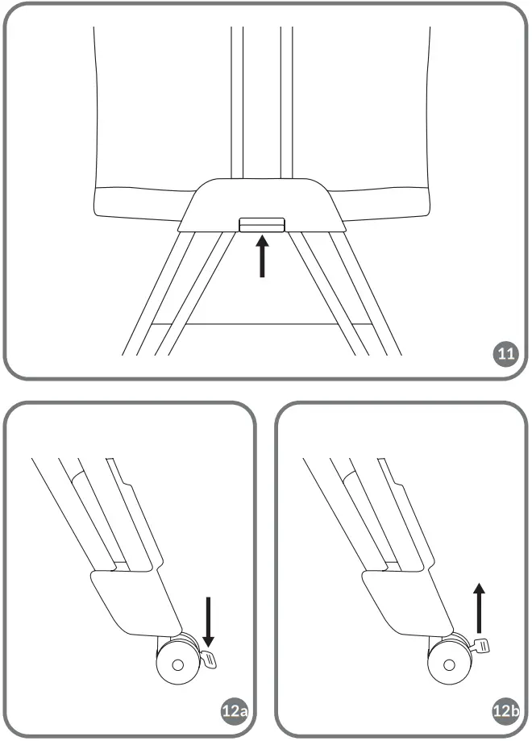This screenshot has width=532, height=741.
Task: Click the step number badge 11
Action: point(505,354)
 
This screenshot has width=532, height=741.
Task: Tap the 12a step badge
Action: point(233,711)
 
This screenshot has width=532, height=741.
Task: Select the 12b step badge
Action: point(505,711)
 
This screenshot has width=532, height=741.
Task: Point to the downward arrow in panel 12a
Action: point(208,621)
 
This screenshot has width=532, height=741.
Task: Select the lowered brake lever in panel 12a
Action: point(211,660)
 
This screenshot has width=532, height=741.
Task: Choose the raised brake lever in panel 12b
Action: point(481,644)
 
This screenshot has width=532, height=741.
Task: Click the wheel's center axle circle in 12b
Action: point(449,666)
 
